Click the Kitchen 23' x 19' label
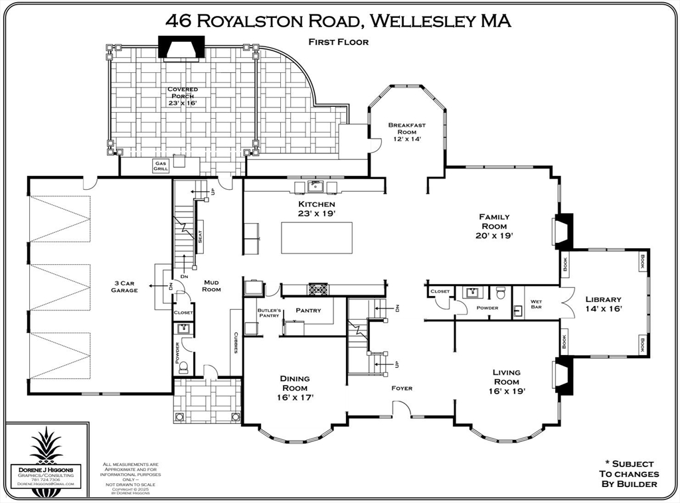pyautogui.click(x=316, y=209)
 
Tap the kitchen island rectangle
pyautogui.click(x=316, y=238)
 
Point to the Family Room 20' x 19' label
pyautogui.click(x=494, y=226)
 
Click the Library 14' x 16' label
pyautogui.click(x=603, y=304)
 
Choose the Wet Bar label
pyautogui.click(x=536, y=305)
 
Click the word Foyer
pyautogui.click(x=401, y=388)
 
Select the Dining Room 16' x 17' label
pyautogui.click(x=294, y=388)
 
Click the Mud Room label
pyautogui.click(x=211, y=285)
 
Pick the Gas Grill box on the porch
pyautogui.click(x=160, y=166)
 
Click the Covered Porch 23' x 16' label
pyautogui.click(x=182, y=96)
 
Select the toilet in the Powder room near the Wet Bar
pyautogui.click(x=501, y=293)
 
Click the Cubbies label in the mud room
pyautogui.click(x=236, y=342)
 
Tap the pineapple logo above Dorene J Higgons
pyautogui.click(x=46, y=445)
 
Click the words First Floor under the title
pyautogui.click(x=338, y=42)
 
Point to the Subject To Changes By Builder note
pyautogui.click(x=628, y=474)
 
